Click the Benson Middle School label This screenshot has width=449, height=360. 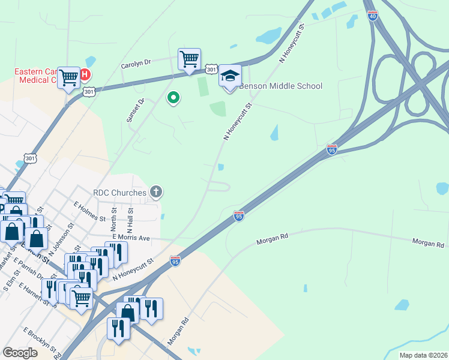[280, 86]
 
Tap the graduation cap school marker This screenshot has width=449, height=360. [230, 76]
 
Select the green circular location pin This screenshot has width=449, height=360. [173, 97]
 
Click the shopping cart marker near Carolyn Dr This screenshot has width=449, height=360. [189, 59]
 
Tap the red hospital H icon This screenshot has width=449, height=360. [85, 75]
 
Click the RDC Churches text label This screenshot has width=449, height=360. [120, 193]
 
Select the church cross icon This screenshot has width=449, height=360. [156, 192]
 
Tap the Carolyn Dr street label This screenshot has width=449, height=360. [135, 63]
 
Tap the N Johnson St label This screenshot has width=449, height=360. [62, 236]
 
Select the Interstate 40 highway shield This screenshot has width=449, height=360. [373, 16]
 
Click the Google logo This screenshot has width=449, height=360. [20, 353]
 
